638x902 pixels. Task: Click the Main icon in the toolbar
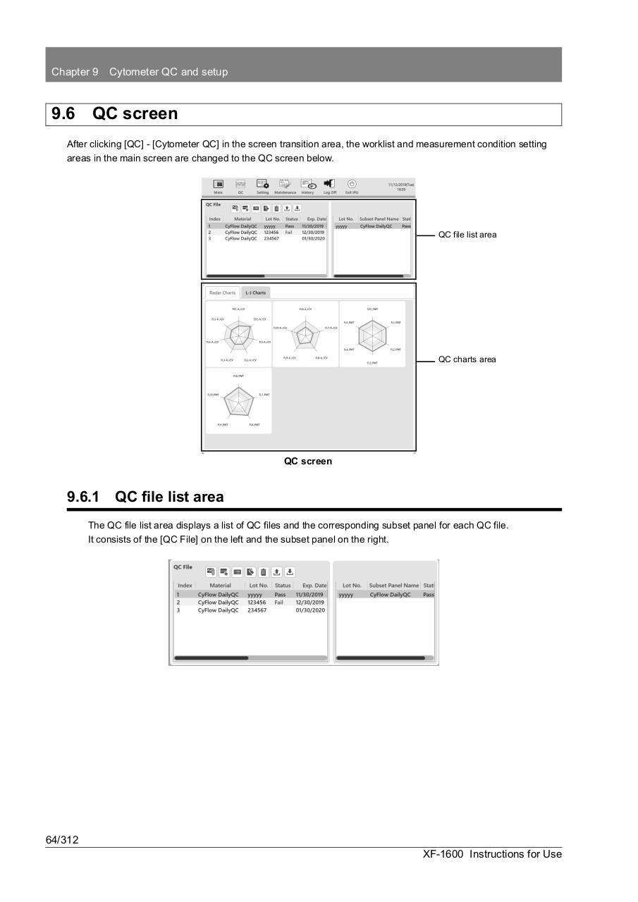point(219,185)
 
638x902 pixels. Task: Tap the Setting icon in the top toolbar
point(262,185)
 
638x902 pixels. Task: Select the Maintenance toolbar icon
point(285,185)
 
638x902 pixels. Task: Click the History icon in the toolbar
point(307,185)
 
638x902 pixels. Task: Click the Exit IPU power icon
point(352,185)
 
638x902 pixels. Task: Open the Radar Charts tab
point(222,292)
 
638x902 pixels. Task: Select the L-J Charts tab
point(255,292)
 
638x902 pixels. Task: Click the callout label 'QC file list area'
point(467,235)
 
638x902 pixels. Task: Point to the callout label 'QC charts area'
point(467,359)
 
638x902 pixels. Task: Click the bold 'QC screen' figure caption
point(308,462)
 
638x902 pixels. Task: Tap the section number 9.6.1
point(82,497)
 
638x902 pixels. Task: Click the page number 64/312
point(62,839)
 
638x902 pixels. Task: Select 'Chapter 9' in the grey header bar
point(75,72)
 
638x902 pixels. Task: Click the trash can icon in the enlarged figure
point(264,572)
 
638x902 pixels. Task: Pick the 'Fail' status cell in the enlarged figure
point(279,603)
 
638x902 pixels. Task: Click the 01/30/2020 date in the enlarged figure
point(310,610)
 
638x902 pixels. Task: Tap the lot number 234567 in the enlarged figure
point(257,610)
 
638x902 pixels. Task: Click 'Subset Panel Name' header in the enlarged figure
point(393,586)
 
